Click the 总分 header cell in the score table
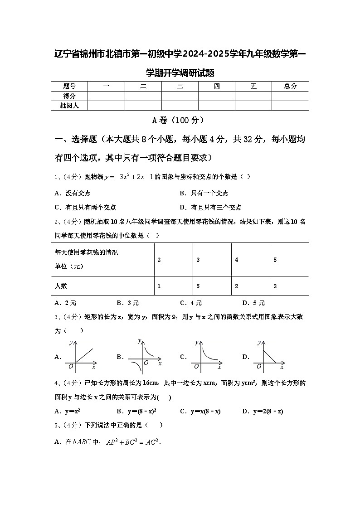pos(290,86)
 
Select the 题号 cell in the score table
pos(69,86)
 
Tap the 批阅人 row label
pos(69,106)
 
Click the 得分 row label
pos(69,96)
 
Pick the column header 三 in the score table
pos(180,86)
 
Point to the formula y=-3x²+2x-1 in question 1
pos(129,177)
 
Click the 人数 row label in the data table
pos(61,286)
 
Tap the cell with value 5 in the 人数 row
pos(198,286)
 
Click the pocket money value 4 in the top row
pos(237,260)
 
